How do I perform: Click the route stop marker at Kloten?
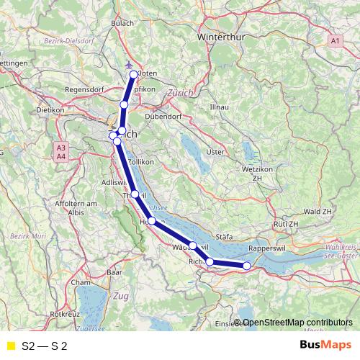tap(134, 74)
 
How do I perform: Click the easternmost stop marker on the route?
tap(247, 266)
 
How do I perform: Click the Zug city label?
tap(121, 296)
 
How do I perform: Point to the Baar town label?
tap(113, 273)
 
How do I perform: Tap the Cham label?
tap(81, 282)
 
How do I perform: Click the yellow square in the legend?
tap(10, 346)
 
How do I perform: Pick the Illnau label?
tap(219, 107)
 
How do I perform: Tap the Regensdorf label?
tap(86, 90)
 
